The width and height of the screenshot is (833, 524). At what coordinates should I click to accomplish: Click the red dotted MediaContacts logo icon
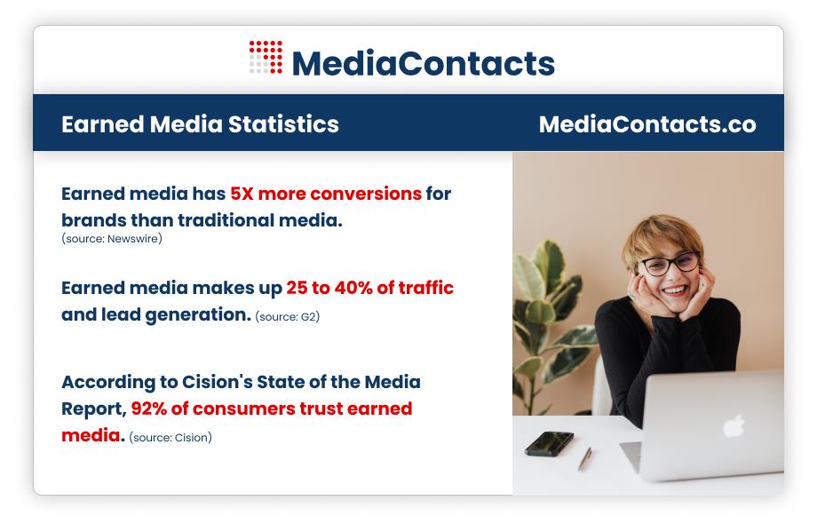pyautogui.click(x=266, y=57)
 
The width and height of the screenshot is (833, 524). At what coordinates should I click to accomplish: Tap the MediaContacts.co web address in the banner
pyautogui.click(x=647, y=124)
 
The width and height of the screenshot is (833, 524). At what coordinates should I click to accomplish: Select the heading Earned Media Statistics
pyautogui.click(x=200, y=124)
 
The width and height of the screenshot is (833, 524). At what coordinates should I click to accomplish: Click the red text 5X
pyautogui.click(x=242, y=194)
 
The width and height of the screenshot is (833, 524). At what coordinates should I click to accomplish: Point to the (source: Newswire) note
pyautogui.click(x=112, y=239)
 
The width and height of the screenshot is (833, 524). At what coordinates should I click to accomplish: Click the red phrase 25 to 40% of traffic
pyautogui.click(x=369, y=288)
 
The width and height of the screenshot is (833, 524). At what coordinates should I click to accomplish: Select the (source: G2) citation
pyautogui.click(x=288, y=317)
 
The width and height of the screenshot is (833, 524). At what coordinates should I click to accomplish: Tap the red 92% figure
pyautogui.click(x=149, y=409)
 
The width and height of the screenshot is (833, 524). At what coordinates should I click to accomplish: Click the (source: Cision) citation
pyautogui.click(x=170, y=437)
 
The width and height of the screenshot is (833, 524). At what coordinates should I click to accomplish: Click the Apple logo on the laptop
pyautogui.click(x=734, y=425)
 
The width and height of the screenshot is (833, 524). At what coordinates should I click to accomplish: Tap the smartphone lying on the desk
pyautogui.click(x=549, y=443)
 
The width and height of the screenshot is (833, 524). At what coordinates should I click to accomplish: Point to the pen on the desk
pyautogui.click(x=585, y=458)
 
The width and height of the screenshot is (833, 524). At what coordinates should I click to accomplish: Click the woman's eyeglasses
pyautogui.click(x=669, y=264)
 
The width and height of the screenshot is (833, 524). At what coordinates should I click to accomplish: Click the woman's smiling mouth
pyautogui.click(x=675, y=291)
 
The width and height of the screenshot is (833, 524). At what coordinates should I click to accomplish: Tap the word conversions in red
pyautogui.click(x=366, y=194)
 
